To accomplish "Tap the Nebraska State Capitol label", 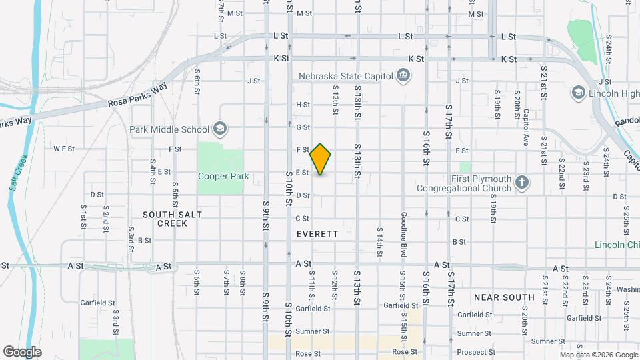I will [346, 76].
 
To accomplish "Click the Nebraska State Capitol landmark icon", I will [403, 76].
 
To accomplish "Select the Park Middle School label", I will [169, 129].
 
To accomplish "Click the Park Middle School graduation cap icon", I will [219, 129].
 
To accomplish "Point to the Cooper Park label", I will [223, 177].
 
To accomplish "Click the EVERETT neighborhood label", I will [318, 235].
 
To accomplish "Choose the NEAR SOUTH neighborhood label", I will [504, 297].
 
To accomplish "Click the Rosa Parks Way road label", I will [137, 97].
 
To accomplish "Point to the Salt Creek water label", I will [18, 173].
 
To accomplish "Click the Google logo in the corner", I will [22, 351].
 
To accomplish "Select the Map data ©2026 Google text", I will [598, 355].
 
